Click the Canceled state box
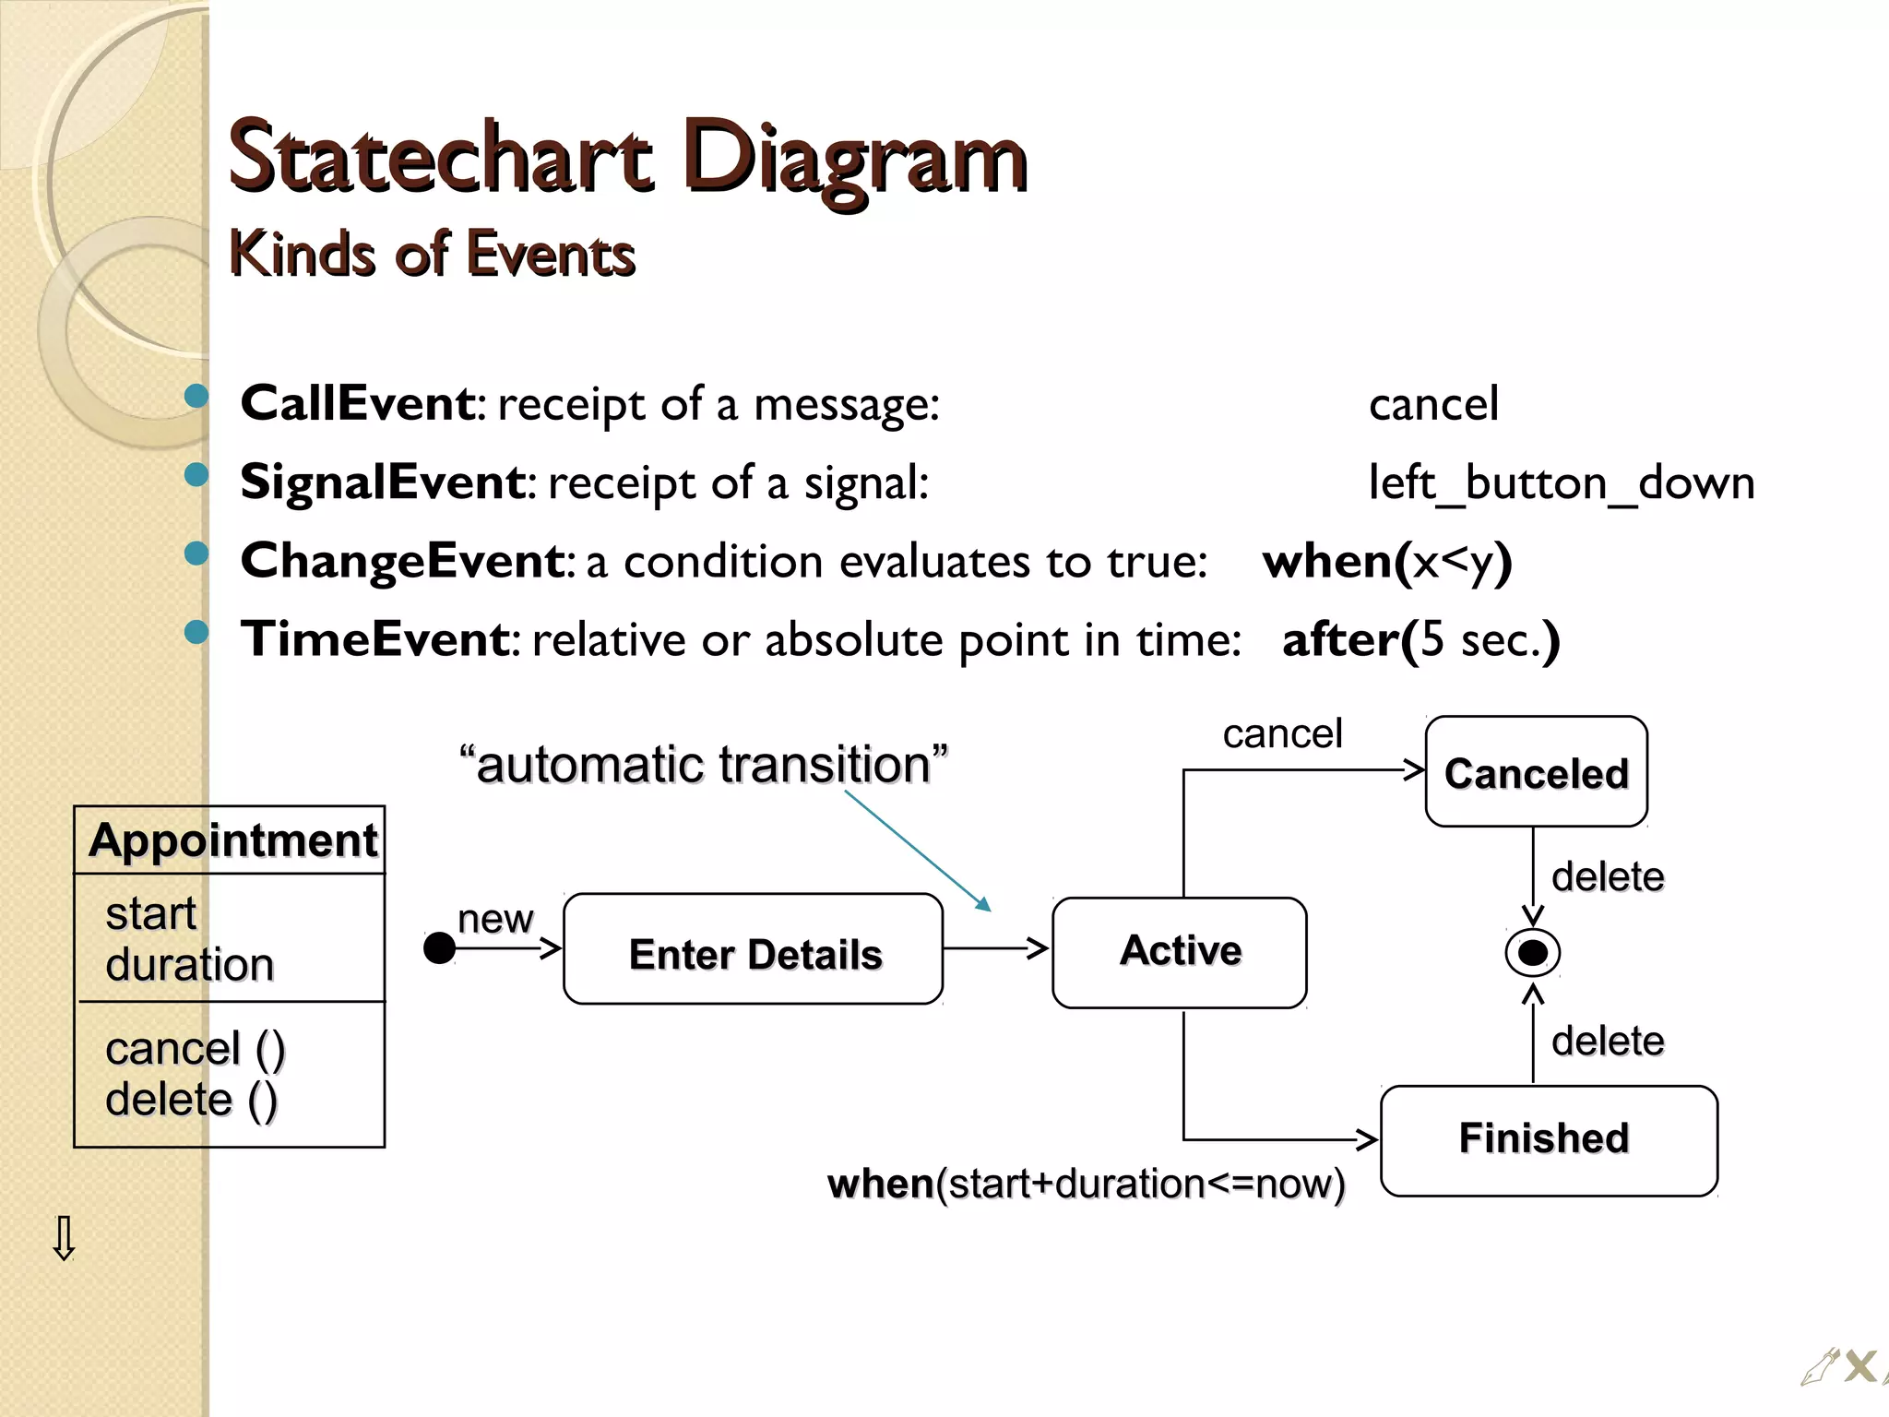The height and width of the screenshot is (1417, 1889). click(1536, 772)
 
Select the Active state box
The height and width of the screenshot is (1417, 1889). click(1179, 951)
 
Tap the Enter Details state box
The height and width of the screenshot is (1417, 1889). click(754, 951)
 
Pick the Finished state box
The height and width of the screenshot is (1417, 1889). click(1548, 1139)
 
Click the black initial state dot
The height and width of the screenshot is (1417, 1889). click(439, 947)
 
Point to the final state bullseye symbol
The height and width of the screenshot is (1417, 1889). click(1532, 953)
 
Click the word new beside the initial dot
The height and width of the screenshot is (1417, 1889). click(494, 918)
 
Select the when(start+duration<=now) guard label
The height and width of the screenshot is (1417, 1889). click(1086, 1184)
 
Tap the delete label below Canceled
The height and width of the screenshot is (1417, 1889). click(1607, 876)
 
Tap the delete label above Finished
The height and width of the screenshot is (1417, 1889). click(1607, 1041)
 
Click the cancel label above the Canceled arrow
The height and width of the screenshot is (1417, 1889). click(1282, 734)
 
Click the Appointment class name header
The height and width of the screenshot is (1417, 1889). click(232, 840)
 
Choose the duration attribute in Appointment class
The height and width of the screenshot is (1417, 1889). click(189, 965)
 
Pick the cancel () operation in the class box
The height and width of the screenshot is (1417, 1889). click(195, 1049)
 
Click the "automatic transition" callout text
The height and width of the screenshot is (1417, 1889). click(703, 765)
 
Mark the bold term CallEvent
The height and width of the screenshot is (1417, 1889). click(358, 404)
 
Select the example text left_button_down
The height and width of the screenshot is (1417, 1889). click(1561, 483)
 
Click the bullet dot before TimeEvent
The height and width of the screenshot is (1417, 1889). click(196, 632)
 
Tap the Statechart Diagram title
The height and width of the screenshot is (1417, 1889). click(627, 159)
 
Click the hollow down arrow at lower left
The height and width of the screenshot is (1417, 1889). click(64, 1238)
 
